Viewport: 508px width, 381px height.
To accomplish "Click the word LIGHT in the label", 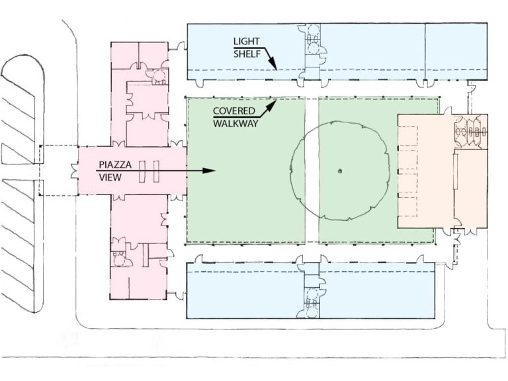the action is point(246,42).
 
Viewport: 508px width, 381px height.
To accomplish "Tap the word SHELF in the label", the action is point(247,54).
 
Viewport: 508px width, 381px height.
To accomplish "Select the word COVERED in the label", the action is point(234,111).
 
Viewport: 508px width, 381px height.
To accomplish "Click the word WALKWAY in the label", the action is point(235,124).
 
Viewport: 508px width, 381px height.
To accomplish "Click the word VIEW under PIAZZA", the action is point(110,177).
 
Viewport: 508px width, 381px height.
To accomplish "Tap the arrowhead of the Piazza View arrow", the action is point(209,171).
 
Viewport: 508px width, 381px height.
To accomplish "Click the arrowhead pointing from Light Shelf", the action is point(273,64).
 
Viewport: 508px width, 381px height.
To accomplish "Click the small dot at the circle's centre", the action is point(339,171).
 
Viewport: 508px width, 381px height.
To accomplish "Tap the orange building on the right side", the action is point(443,171).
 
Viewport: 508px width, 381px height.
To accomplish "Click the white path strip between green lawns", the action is point(312,171).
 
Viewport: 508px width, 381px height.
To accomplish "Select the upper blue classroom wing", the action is point(337,51).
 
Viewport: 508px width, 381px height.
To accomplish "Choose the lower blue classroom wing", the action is point(310,290).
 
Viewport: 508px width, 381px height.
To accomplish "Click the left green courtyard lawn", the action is point(246,171).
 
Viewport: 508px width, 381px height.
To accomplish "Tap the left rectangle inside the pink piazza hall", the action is point(142,171).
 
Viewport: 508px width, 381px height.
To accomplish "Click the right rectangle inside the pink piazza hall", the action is point(156,171).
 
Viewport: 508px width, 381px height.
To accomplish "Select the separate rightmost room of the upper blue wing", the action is point(456,51).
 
